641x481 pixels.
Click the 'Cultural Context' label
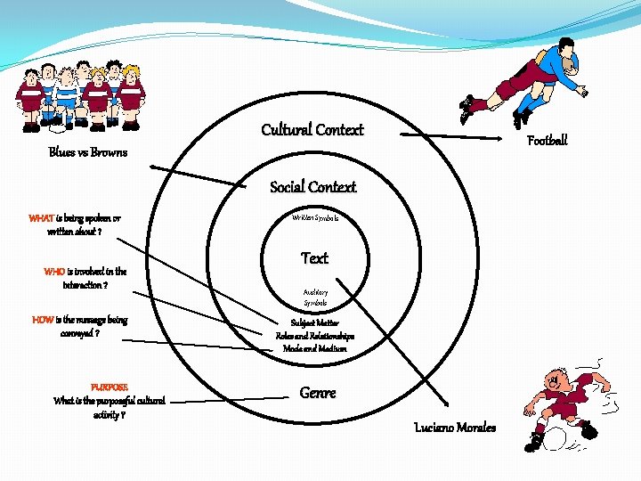click(312, 130)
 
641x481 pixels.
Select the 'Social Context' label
click(312, 187)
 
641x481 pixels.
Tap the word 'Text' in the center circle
click(314, 258)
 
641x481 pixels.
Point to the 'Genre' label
click(318, 393)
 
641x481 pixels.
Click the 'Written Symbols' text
click(314, 217)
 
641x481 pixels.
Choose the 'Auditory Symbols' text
click(315, 298)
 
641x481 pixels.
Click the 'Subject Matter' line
click(314, 323)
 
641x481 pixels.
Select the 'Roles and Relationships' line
click(314, 337)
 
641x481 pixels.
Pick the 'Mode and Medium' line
click(314, 349)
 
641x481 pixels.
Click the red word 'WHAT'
click(41, 218)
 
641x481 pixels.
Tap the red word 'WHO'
click(54, 272)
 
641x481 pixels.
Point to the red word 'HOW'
click(43, 320)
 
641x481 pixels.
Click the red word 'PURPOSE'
click(110, 387)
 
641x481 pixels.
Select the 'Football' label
click(547, 141)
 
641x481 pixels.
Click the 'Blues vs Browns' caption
click(88, 152)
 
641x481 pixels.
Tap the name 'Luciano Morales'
click(455, 428)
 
